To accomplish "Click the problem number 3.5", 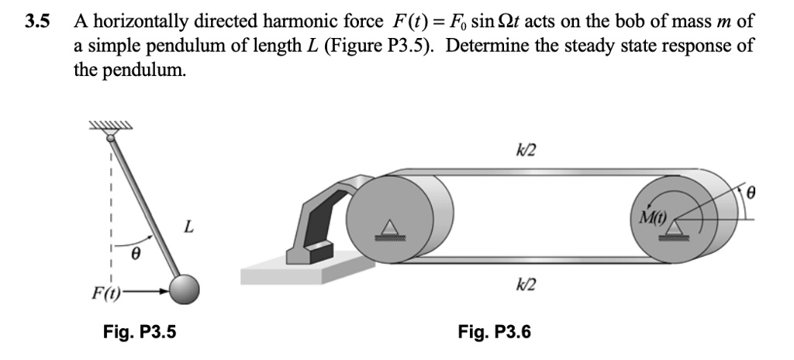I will [36, 21].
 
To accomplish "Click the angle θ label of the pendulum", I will [133, 253].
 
